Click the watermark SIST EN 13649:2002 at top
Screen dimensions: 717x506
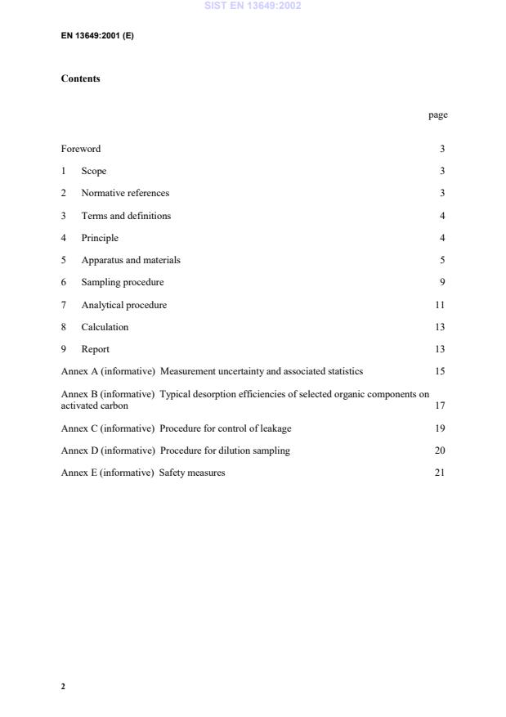click(x=253, y=6)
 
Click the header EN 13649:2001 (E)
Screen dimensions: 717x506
click(x=97, y=36)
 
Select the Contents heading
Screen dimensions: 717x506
click(x=80, y=78)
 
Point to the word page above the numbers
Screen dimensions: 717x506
click(x=437, y=115)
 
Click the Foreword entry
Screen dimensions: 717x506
click(x=81, y=149)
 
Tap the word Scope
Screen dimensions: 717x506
click(x=93, y=171)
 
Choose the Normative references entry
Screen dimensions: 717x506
click(x=125, y=193)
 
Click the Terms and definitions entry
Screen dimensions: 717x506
click(x=126, y=216)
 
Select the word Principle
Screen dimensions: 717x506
click(x=100, y=238)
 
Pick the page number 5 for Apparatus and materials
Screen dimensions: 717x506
click(x=441, y=260)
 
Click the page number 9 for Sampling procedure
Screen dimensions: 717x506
click(x=441, y=282)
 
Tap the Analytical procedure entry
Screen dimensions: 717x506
click(x=123, y=305)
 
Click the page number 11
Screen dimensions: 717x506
click(x=440, y=305)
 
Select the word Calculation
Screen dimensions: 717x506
click(x=105, y=327)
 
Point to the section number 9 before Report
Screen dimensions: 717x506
click(x=64, y=349)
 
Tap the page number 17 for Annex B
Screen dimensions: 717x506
click(x=440, y=406)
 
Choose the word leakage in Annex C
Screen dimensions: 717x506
click(x=275, y=428)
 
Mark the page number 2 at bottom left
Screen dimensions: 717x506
click(x=63, y=686)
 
